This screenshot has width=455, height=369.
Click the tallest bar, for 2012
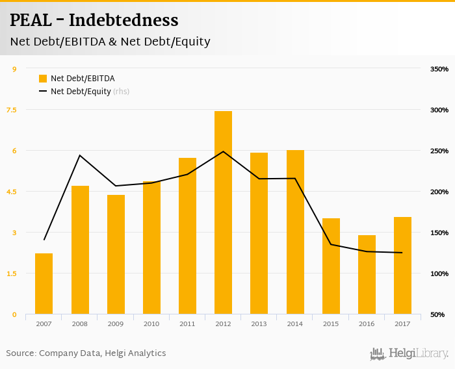(x=223, y=212)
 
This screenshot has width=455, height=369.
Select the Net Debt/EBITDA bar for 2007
(x=44, y=283)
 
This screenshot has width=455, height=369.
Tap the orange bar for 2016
(x=367, y=274)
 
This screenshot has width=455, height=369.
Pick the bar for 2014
(x=295, y=232)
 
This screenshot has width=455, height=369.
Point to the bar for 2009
(x=116, y=254)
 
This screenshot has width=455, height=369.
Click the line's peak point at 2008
(x=80, y=155)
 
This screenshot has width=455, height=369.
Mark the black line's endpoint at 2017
(x=402, y=253)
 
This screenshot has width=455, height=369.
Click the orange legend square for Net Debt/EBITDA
(x=43, y=79)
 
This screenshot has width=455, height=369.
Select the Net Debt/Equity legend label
(x=81, y=92)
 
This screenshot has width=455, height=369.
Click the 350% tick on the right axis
(x=439, y=69)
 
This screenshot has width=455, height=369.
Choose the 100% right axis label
(x=439, y=274)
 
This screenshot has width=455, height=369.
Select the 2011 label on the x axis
(x=187, y=324)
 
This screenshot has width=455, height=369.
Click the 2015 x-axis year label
(x=331, y=324)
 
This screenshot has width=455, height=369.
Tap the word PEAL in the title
(x=30, y=21)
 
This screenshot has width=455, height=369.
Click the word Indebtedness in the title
(x=123, y=21)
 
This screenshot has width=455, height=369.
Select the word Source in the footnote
(x=21, y=353)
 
